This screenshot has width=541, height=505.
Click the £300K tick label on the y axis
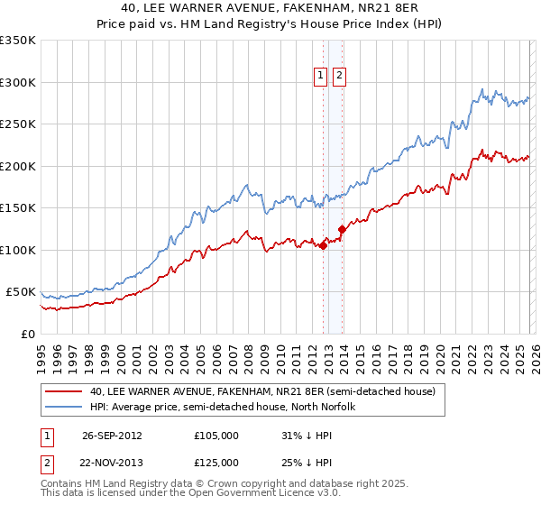(18, 82)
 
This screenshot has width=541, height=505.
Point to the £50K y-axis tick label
(21, 292)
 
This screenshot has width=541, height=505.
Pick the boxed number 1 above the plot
(321, 77)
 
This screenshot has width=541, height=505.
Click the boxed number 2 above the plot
(339, 77)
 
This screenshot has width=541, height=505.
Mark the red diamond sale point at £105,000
(323, 245)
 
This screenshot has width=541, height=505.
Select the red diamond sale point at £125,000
(342, 229)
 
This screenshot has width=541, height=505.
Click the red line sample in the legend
(63, 391)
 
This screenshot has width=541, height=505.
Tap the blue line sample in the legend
(63, 407)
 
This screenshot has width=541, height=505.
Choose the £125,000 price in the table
(215, 463)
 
